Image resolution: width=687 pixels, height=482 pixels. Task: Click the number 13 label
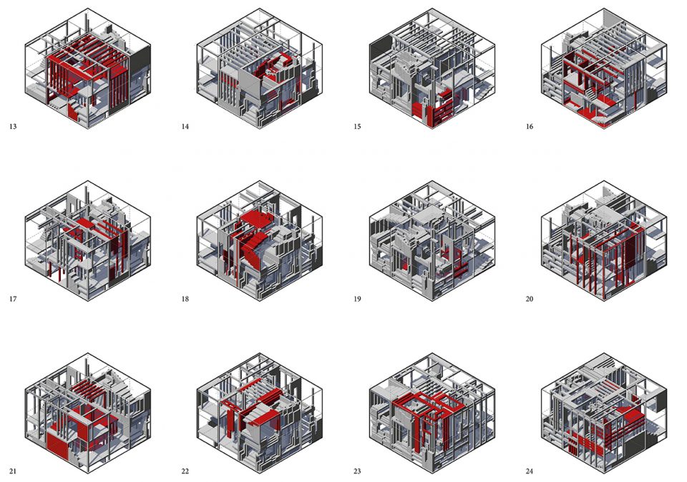click(13, 127)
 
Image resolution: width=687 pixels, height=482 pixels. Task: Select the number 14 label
click(185, 127)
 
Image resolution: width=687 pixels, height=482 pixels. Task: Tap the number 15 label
click(357, 127)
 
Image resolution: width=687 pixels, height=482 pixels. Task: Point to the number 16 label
click(530, 127)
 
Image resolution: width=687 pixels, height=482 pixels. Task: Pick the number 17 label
click(13, 299)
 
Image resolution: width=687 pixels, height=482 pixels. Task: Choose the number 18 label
click(185, 299)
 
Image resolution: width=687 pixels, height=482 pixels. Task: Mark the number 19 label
click(357, 299)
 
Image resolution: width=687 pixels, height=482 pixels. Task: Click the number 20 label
click(530, 299)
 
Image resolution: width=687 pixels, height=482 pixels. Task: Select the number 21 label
click(13, 471)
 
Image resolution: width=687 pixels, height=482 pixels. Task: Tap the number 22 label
click(185, 471)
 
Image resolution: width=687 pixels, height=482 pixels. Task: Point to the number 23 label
click(357, 471)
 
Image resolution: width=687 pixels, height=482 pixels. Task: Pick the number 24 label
click(530, 471)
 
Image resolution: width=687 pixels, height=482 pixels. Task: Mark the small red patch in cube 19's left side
click(405, 266)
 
